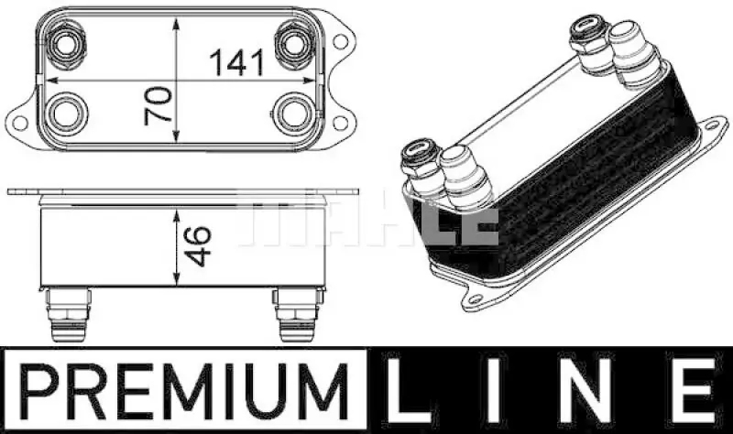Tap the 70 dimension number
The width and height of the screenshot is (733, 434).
click(x=158, y=105)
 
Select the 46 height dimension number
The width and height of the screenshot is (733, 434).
click(x=197, y=245)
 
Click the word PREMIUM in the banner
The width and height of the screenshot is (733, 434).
click(x=185, y=391)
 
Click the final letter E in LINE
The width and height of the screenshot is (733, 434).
click(x=695, y=391)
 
